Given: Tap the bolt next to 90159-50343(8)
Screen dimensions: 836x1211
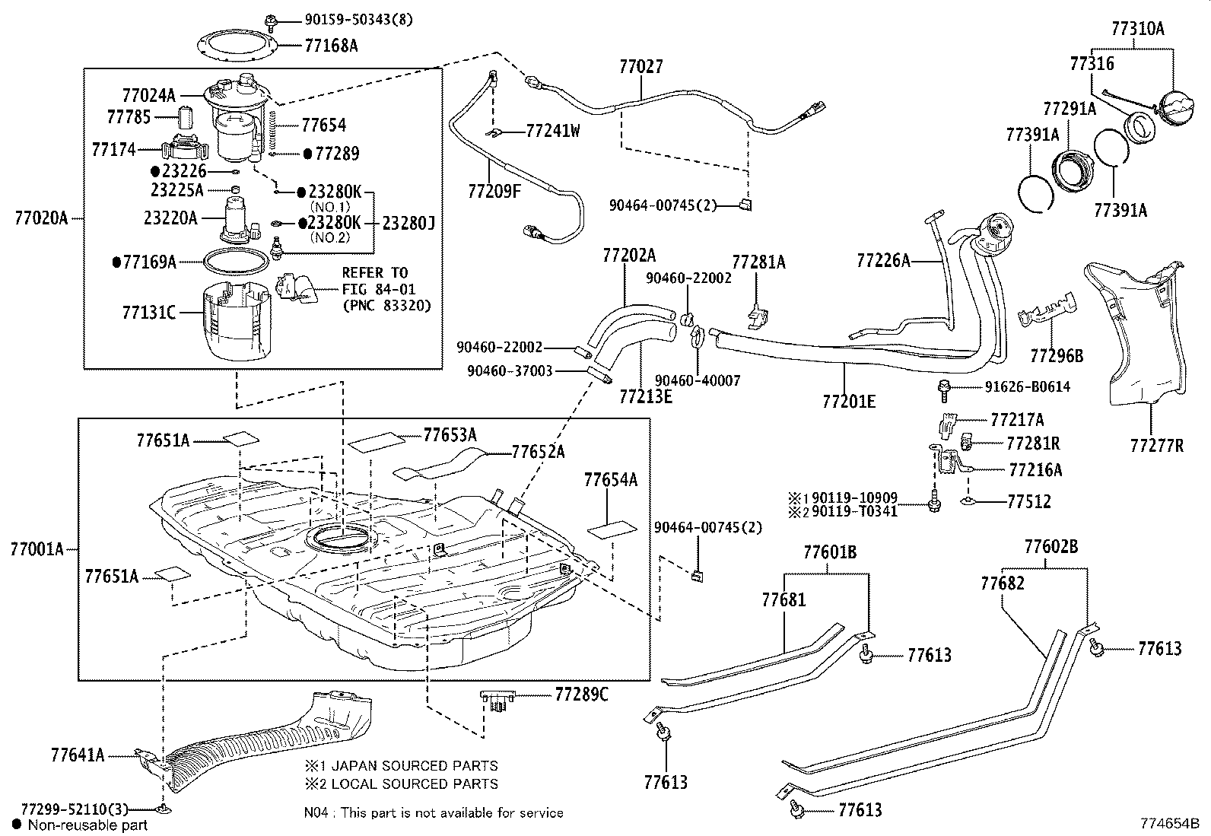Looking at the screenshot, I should click(x=271, y=20).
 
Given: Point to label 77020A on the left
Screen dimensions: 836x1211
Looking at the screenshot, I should click(x=40, y=219).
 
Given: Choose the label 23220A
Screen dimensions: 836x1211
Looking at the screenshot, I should click(x=170, y=218).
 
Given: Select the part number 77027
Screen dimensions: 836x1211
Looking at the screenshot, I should click(x=640, y=67).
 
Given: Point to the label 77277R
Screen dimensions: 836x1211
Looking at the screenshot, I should click(x=1156, y=446).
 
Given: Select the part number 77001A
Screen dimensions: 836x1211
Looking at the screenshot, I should click(x=37, y=548).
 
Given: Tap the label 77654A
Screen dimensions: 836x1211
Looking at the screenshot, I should click(x=610, y=480).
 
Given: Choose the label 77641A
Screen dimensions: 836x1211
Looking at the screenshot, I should click(x=78, y=755).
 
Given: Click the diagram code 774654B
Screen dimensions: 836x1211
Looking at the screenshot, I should click(x=1169, y=823).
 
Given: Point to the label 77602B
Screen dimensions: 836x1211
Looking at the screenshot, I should click(x=1050, y=547).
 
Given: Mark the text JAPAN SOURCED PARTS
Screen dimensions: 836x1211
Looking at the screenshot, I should click(x=410, y=766).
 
